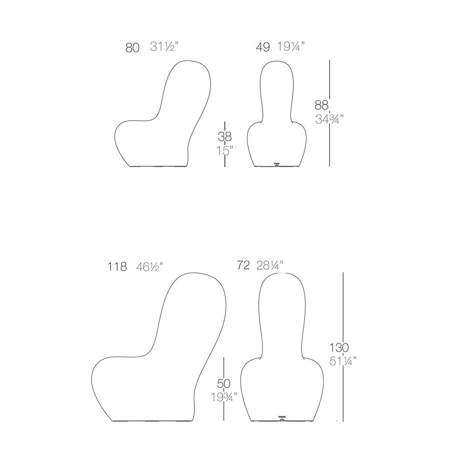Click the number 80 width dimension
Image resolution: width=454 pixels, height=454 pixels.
pyautogui.click(x=133, y=48)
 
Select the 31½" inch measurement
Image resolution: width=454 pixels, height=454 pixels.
pyautogui.click(x=164, y=46)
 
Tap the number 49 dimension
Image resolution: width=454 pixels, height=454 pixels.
pyautogui.click(x=263, y=47)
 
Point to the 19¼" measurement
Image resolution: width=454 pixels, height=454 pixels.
pyautogui.click(x=291, y=46)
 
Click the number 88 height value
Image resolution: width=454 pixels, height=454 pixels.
pyautogui.click(x=321, y=105)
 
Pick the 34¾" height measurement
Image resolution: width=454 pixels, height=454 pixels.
pyautogui.click(x=330, y=119)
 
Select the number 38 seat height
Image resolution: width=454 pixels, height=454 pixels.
pyautogui.click(x=225, y=137)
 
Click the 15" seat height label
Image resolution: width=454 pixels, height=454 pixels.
pyautogui.click(x=225, y=151)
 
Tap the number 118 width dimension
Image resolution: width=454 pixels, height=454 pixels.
pyautogui.click(x=117, y=266)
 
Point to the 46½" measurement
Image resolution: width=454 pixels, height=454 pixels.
pyautogui.click(x=150, y=266)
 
